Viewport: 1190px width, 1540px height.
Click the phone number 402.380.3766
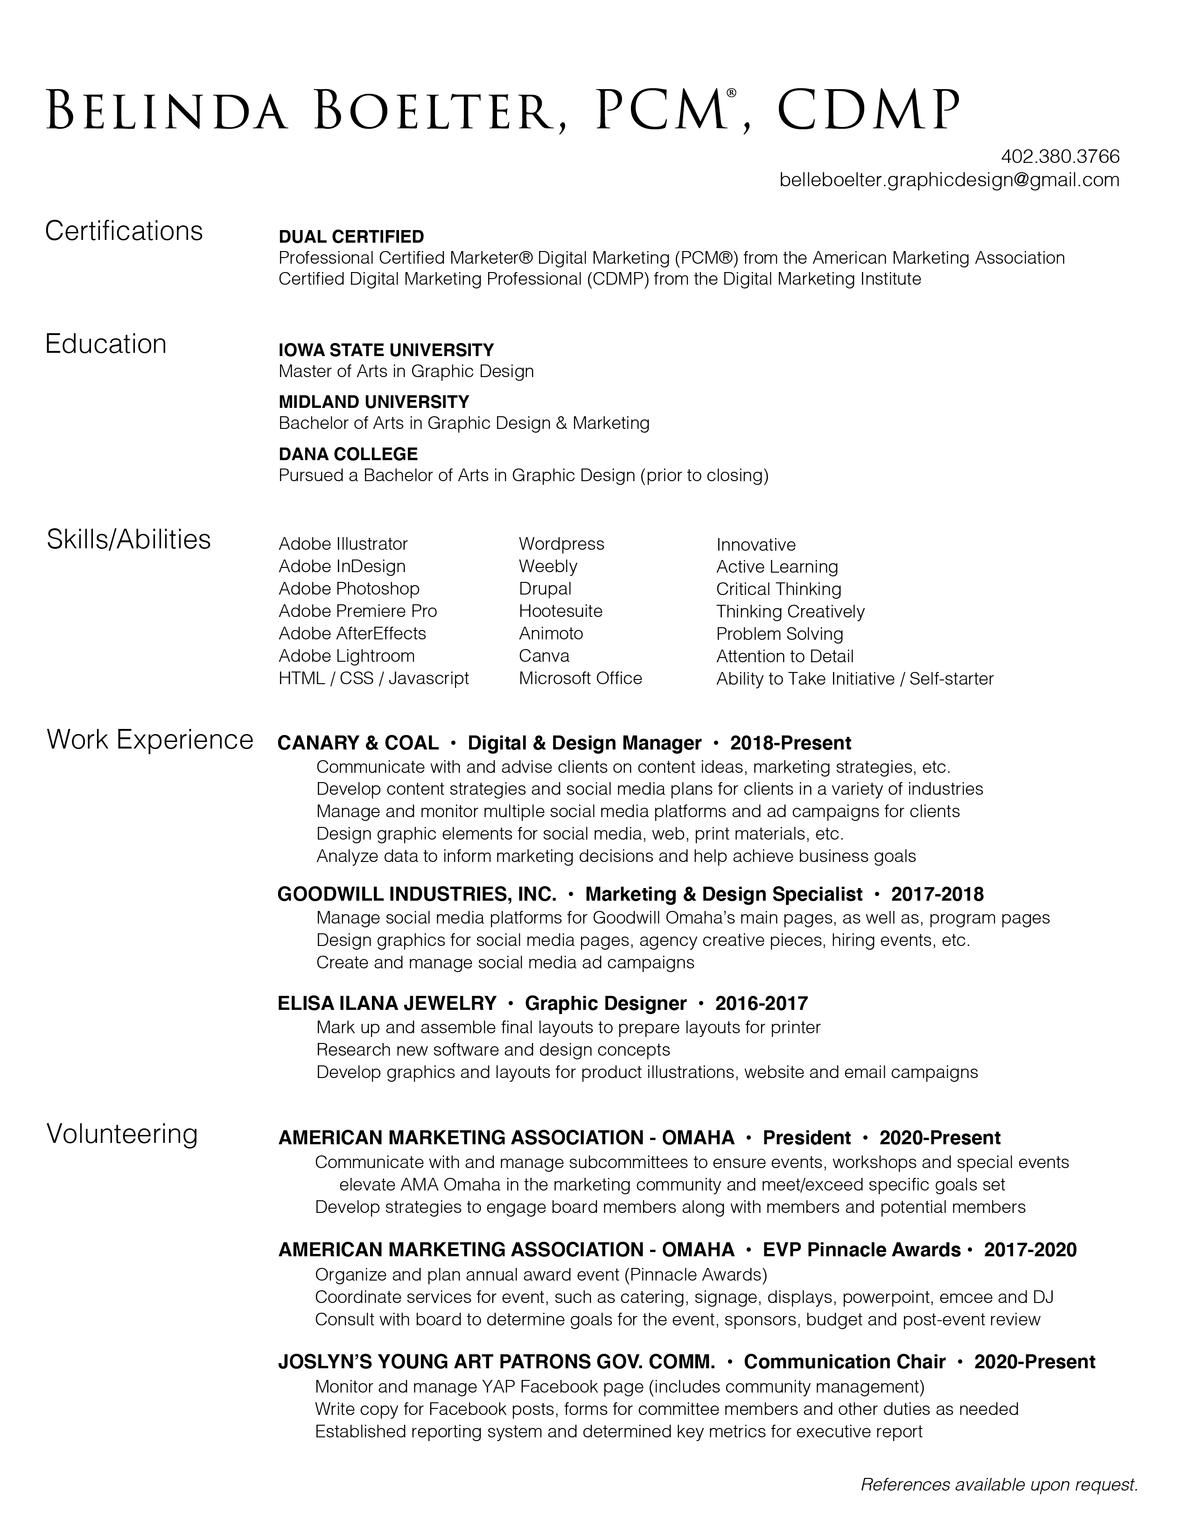tap(1060, 156)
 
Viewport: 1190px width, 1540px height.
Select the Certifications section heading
tap(124, 231)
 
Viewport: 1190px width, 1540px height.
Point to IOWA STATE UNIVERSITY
tap(386, 350)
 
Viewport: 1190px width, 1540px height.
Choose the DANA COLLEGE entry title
tap(348, 454)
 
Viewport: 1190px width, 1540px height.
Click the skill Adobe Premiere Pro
tap(357, 611)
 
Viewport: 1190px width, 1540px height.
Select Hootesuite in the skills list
tap(560, 611)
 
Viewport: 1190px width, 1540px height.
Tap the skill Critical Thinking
tap(778, 589)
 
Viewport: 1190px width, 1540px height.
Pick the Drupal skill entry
tap(545, 589)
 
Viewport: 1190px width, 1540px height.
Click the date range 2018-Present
tap(790, 743)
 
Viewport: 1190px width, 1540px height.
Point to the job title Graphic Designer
tap(606, 1003)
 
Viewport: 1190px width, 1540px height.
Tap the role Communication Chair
tap(845, 1362)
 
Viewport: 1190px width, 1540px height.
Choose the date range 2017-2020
tap(1030, 1250)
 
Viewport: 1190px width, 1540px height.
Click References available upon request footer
tap(999, 1484)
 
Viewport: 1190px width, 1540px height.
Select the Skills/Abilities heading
tap(129, 539)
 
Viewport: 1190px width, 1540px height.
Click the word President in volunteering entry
tap(806, 1138)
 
